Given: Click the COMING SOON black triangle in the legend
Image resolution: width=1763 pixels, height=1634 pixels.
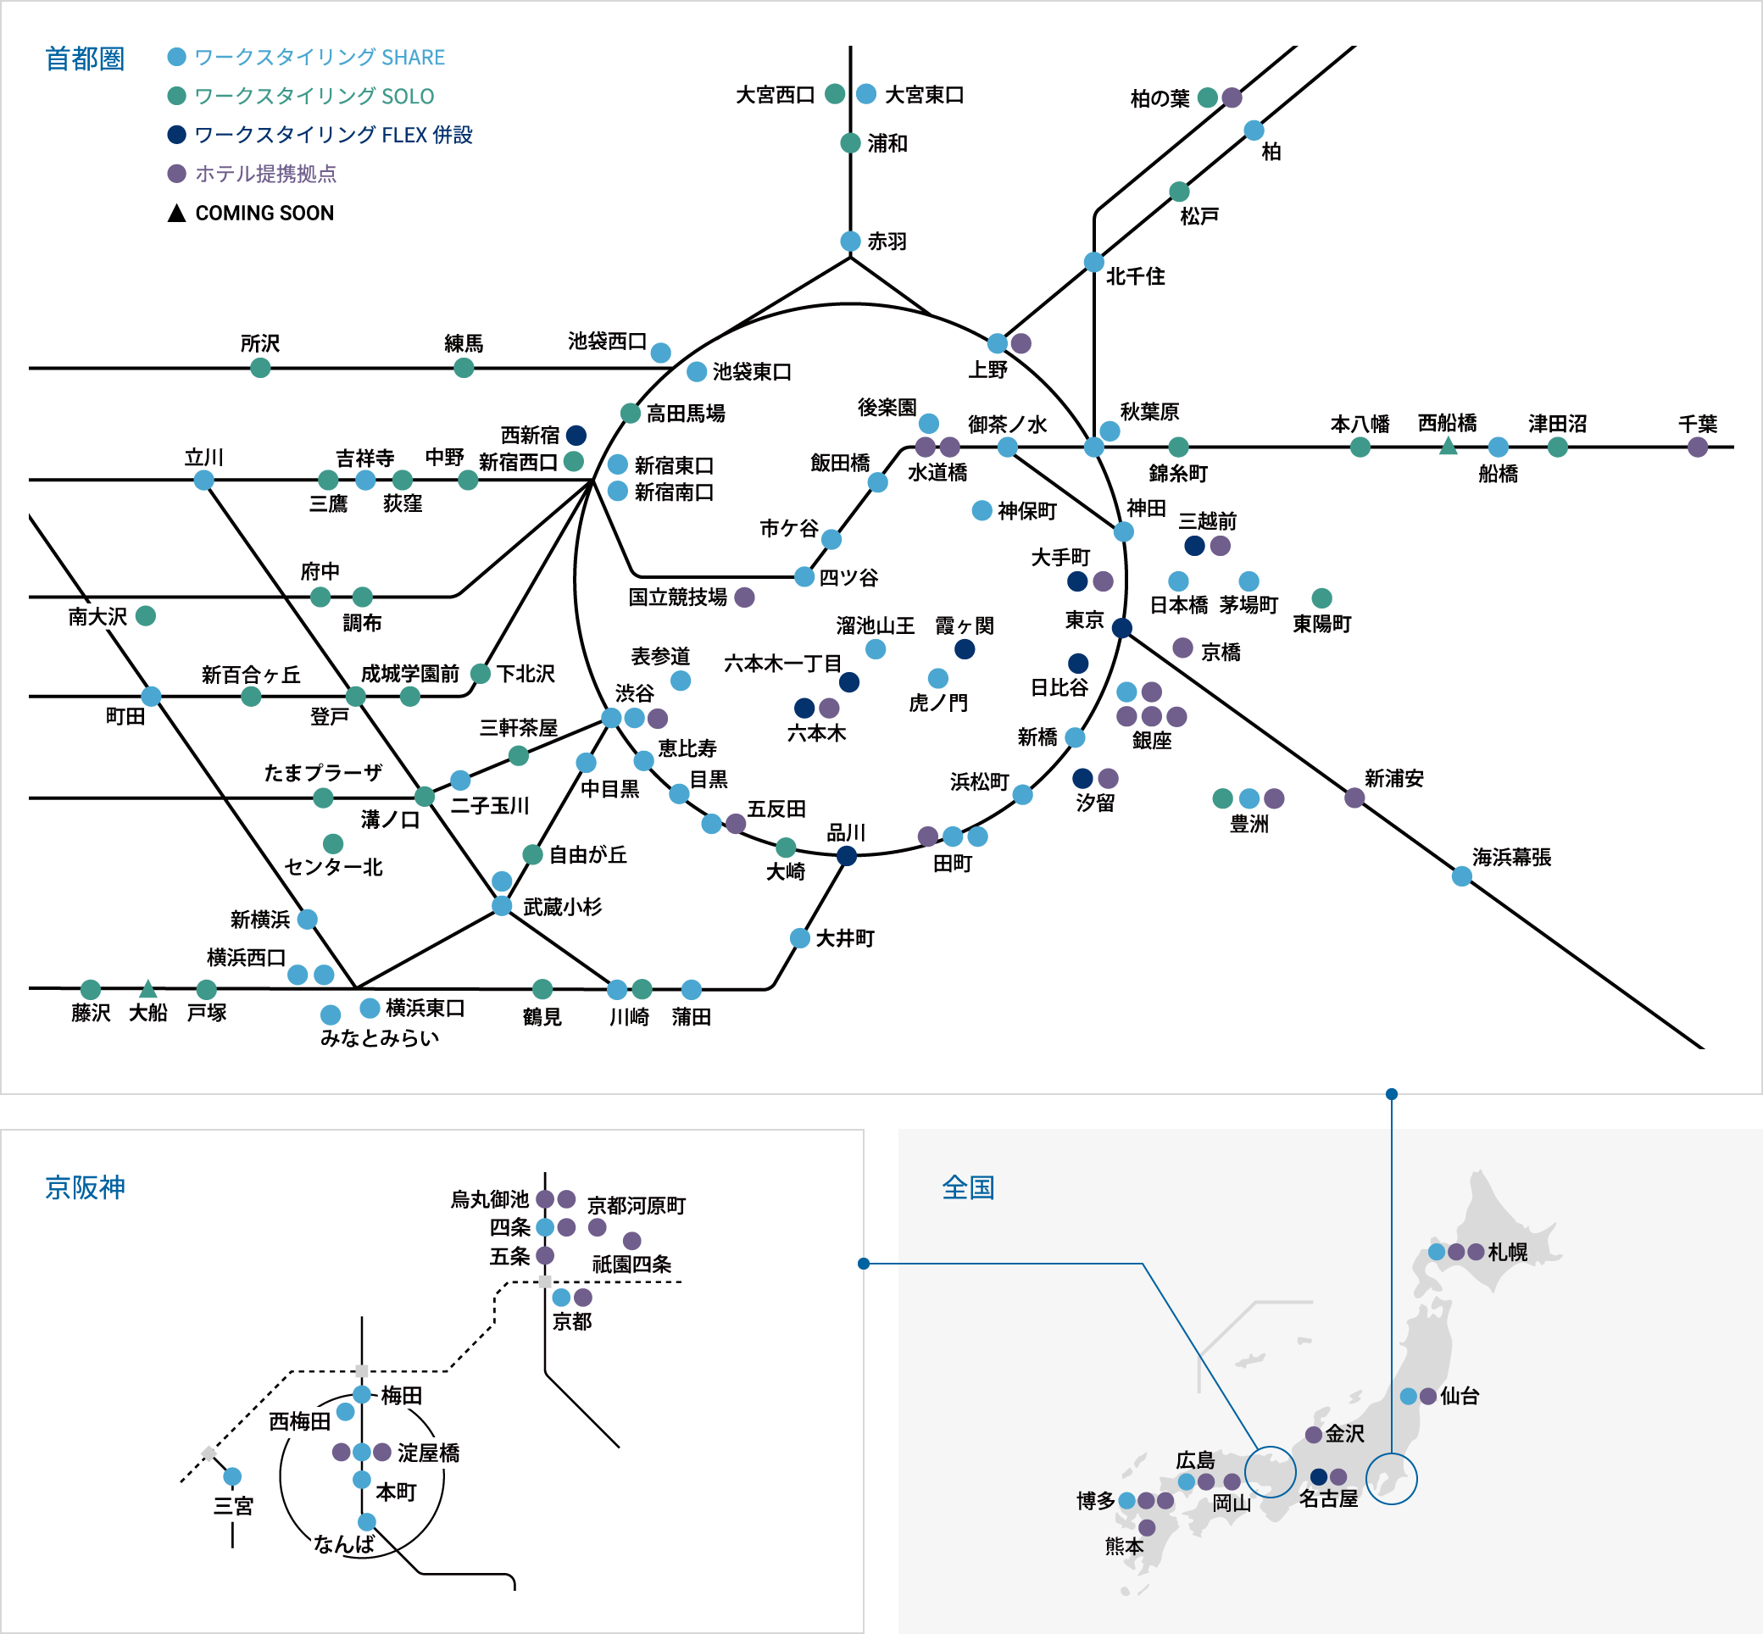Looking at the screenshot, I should (177, 213).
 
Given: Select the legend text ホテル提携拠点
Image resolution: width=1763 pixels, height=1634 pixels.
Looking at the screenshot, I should (265, 173).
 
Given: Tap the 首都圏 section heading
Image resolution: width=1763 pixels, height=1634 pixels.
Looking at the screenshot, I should (85, 58).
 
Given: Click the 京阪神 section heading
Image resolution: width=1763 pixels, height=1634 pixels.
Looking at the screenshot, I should (85, 1187).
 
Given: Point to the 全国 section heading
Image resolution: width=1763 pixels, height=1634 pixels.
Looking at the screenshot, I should (968, 1187).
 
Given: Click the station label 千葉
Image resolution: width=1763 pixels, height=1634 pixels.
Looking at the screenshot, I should (1697, 424).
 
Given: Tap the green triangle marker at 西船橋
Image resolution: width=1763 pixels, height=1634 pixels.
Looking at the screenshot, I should (1448, 447).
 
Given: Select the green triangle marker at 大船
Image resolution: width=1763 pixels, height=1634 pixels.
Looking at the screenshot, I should (147, 988).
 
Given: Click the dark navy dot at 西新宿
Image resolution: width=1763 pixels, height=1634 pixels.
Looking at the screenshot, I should (576, 435).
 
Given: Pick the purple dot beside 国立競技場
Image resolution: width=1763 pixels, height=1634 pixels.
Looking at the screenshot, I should (744, 597).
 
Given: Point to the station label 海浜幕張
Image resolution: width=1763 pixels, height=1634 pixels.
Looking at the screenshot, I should (1511, 857).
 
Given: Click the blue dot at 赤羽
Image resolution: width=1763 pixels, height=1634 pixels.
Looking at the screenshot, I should (849, 242).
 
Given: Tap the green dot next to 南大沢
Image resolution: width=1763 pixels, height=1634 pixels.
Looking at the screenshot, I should (146, 615).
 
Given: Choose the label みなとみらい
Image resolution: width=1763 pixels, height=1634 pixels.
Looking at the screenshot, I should (380, 1037).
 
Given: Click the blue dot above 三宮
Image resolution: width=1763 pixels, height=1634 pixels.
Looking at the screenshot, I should (232, 1476).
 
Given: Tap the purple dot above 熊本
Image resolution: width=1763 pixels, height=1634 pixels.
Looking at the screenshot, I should (1147, 1527).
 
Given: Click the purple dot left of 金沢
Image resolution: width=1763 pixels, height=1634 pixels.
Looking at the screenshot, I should (1314, 1434).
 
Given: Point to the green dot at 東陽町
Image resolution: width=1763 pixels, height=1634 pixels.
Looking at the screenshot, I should (1321, 597).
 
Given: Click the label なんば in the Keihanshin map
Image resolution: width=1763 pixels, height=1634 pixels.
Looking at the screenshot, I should (344, 1544).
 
